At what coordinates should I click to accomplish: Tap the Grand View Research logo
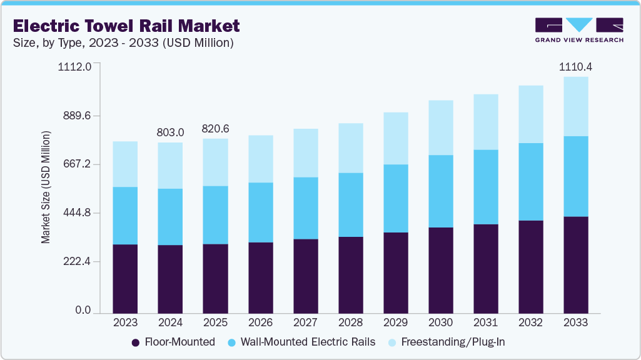click(579, 30)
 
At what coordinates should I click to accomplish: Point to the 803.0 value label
click(171, 132)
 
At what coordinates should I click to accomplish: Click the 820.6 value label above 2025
click(215, 129)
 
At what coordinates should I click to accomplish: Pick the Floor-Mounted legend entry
click(173, 342)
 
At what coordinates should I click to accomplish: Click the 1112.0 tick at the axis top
click(74, 66)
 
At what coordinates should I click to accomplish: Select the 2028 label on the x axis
click(350, 323)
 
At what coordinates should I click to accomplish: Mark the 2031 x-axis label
click(486, 323)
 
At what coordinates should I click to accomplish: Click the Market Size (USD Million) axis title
click(46, 187)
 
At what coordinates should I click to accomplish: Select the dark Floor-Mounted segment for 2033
click(576, 264)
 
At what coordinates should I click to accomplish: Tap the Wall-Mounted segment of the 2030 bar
click(440, 191)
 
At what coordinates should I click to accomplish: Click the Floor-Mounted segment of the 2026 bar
click(260, 277)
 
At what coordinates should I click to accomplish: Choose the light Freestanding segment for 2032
click(530, 114)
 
